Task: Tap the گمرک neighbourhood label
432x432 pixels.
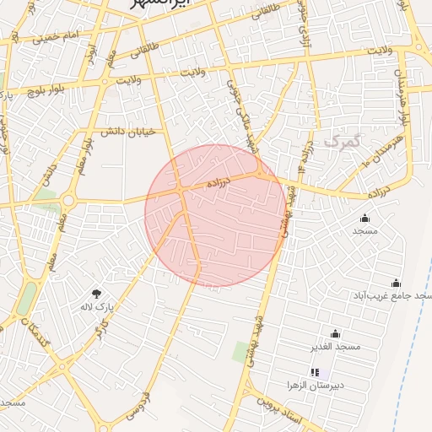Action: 342,140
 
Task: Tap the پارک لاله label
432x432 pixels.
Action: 97,306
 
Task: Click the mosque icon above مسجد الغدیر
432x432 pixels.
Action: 335,333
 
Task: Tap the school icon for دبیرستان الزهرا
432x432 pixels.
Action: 315,372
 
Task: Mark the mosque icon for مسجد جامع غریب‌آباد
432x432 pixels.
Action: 396,283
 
